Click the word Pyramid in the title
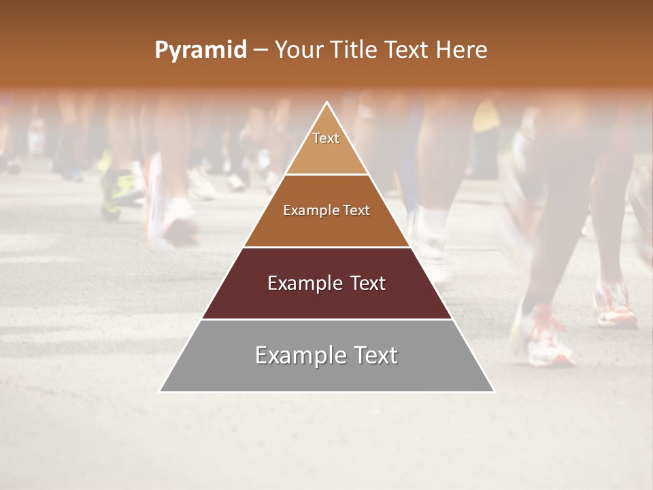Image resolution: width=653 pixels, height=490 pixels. [x=200, y=50]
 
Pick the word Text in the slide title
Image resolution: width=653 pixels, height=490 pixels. [x=407, y=50]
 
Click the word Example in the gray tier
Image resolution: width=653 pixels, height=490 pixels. [x=297, y=355]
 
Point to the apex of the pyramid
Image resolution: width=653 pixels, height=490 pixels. [x=327, y=103]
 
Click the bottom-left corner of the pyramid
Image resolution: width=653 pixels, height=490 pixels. [x=161, y=391]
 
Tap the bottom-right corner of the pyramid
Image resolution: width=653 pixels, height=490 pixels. [x=494, y=391]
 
